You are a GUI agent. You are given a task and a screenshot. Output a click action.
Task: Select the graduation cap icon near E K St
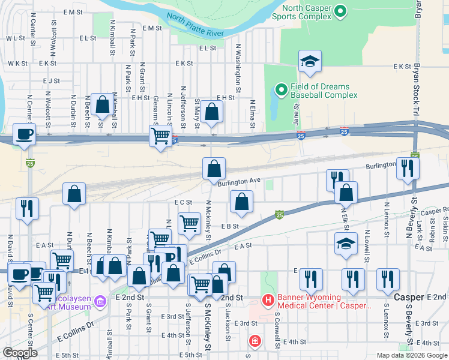click(x=310, y=61)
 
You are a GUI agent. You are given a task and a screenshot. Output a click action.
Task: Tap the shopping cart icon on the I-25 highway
click(x=161, y=136)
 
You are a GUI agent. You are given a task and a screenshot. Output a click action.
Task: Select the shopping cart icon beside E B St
click(x=190, y=223)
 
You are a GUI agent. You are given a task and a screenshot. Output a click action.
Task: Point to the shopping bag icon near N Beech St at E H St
click(x=102, y=104)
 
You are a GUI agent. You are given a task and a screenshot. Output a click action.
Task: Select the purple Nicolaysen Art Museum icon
click(x=100, y=299)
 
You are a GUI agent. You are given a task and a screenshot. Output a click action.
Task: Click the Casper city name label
click(x=409, y=298)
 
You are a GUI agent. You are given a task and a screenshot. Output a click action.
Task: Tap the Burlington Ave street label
click(x=239, y=180)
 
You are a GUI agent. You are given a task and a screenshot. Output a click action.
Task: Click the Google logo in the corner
click(x=20, y=353)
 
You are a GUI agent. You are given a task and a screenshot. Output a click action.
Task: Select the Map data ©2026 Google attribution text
click(x=412, y=355)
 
